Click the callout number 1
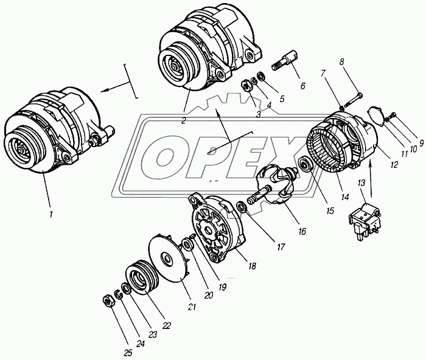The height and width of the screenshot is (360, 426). tap(51, 214)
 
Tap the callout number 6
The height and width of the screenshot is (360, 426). tap(303, 86)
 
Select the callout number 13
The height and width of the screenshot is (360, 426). tap(361, 183)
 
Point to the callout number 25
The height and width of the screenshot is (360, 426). tap(128, 353)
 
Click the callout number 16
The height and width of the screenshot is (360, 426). tap(302, 231)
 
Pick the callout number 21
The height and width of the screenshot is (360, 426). tap(192, 307)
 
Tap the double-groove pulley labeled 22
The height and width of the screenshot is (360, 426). tap(141, 277)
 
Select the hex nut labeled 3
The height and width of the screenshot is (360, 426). tap(246, 85)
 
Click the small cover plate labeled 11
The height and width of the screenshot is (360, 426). tap(374, 116)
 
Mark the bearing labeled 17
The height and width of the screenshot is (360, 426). tap(241, 208)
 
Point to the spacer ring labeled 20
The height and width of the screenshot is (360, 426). tap(187, 243)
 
